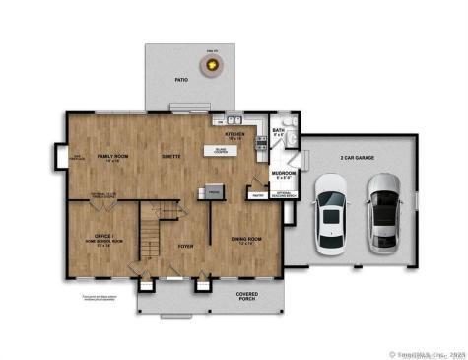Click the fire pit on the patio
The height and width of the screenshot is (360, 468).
tap(210, 65)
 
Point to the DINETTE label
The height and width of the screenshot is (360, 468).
tap(170, 156)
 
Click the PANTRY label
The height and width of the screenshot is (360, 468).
tap(257, 195)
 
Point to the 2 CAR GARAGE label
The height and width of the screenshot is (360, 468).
tap(359, 157)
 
